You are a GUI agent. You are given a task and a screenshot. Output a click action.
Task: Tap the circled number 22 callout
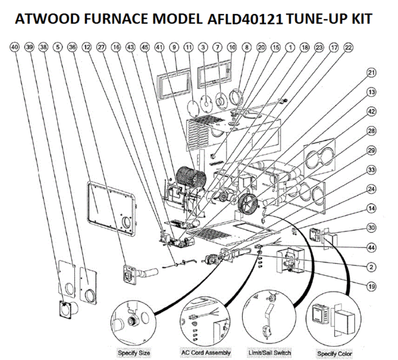point(349,48)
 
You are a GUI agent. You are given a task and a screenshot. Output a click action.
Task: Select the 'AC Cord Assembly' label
point(206,353)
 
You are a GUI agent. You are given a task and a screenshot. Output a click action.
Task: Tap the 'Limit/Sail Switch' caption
point(269,353)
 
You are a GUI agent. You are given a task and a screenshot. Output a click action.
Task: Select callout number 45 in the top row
point(145,48)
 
